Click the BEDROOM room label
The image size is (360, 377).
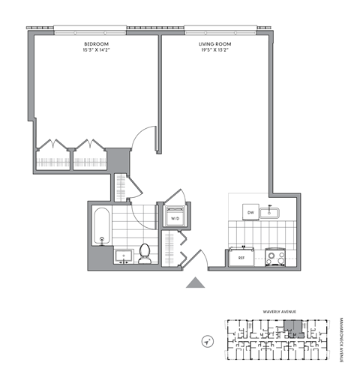point(96,45)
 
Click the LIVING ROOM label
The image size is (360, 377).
point(215,45)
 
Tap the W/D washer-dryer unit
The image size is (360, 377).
point(175,217)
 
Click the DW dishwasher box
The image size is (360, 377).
point(251,213)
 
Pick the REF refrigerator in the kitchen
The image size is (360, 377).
point(241,256)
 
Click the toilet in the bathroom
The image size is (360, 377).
point(146,253)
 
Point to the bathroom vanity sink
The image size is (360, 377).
point(123,256)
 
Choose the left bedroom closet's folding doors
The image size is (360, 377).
point(52,145)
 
